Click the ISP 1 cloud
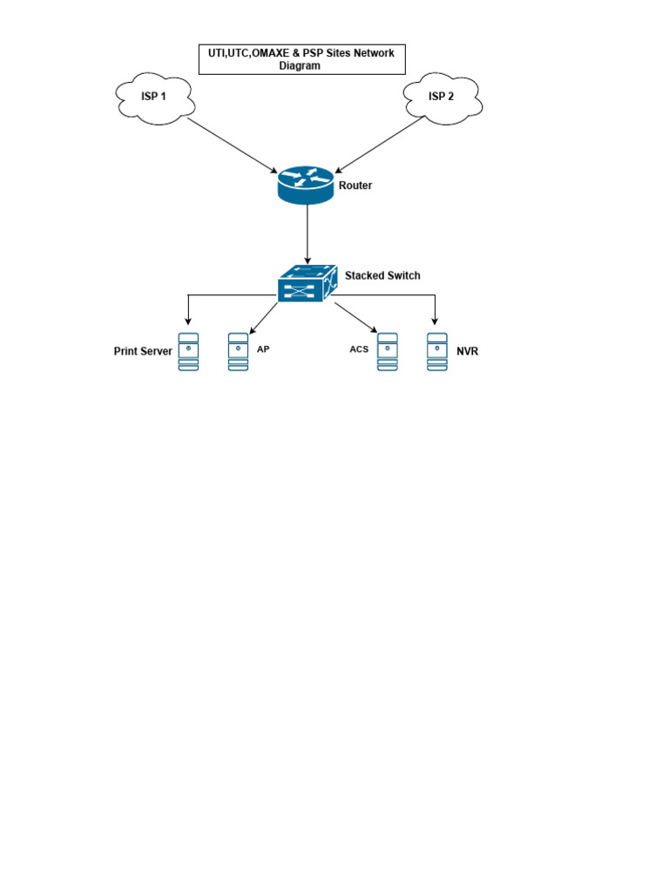click(x=154, y=97)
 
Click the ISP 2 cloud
click(x=442, y=97)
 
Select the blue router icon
click(x=307, y=185)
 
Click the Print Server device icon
click(x=188, y=352)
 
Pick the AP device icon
click(x=238, y=352)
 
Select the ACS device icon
click(x=387, y=352)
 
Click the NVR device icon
click(x=437, y=352)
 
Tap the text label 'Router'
click(x=355, y=186)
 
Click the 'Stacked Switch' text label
click(x=382, y=276)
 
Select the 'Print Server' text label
click(x=143, y=352)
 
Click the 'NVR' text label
click(x=468, y=352)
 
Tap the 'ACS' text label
click(x=359, y=349)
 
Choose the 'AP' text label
click(x=262, y=349)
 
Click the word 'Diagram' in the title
click(x=300, y=65)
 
